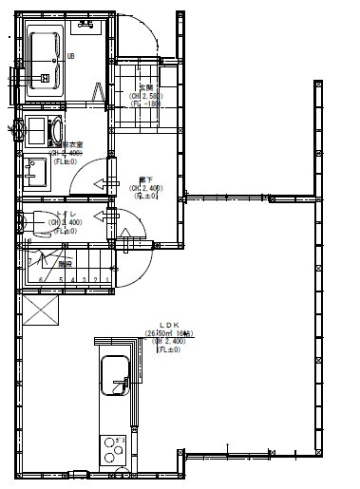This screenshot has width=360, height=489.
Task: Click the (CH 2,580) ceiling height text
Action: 145,96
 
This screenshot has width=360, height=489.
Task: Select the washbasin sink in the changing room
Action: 38,172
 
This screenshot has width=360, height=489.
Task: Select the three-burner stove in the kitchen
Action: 113,447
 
